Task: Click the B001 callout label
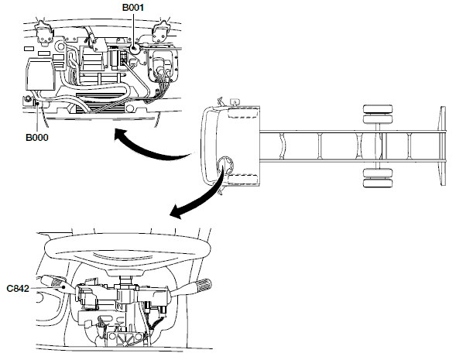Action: [133, 7]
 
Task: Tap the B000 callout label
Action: [37, 137]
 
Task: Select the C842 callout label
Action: [18, 289]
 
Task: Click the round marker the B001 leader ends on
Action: [134, 49]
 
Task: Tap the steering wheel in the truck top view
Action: [225, 166]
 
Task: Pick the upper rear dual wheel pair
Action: [378, 114]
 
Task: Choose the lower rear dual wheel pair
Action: [378, 178]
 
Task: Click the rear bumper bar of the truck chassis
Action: [443, 146]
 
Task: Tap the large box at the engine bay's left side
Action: [40, 74]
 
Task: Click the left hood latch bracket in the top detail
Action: [44, 33]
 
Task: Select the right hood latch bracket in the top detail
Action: [161, 32]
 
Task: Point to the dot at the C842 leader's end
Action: [63, 287]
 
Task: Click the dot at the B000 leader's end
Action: [37, 103]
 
